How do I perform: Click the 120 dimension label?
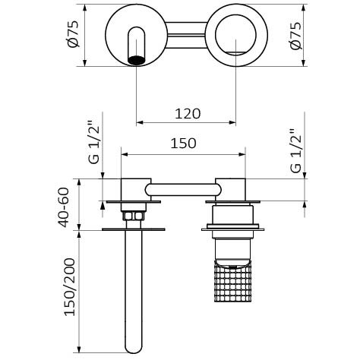click(188, 114)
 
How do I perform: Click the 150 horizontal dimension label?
click(183, 143)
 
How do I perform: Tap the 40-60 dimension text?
click(63, 207)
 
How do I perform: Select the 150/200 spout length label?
click(70, 287)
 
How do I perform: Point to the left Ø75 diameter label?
click(74, 34)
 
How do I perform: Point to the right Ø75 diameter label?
click(296, 36)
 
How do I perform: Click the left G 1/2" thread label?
click(94, 143)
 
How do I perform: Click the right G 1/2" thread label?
click(296, 151)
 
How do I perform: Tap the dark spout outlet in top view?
click(137, 61)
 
